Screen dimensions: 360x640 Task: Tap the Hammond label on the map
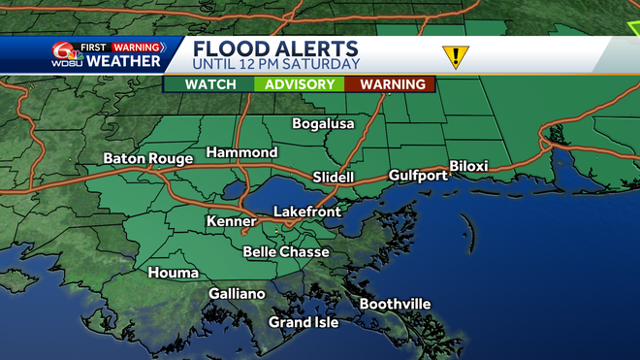(241, 152)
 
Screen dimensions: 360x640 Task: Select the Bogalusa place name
(324, 124)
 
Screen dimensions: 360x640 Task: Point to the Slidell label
(335, 178)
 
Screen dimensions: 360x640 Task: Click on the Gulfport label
(418, 176)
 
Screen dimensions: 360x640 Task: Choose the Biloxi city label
(468, 166)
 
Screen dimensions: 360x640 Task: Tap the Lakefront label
(306, 211)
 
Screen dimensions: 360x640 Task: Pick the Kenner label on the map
(231, 222)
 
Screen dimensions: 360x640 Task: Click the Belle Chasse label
(286, 252)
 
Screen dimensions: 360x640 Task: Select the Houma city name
(174, 273)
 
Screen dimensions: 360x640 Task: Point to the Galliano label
(237, 293)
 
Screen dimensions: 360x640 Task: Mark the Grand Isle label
(304, 322)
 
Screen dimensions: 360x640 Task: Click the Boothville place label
(395, 304)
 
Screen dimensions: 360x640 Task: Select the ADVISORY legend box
(300, 84)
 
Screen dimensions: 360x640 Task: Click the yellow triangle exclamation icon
(454, 56)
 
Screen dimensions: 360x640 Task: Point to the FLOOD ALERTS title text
(275, 49)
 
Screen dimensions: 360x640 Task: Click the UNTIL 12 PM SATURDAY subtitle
(275, 64)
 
